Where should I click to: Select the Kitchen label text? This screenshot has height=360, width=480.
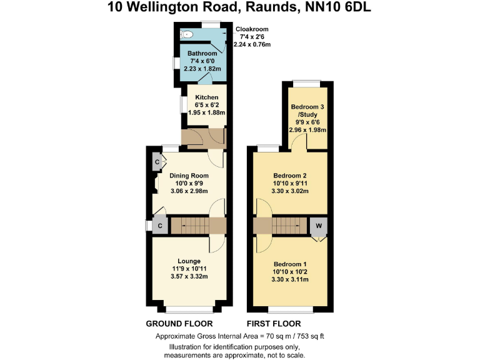click(x=207, y=97)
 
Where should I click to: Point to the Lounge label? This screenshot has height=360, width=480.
click(x=189, y=261)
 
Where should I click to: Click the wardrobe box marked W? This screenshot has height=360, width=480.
click(x=319, y=226)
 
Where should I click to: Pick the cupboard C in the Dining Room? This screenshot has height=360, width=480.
click(x=156, y=163)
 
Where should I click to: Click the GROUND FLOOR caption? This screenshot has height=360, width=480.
click(x=179, y=324)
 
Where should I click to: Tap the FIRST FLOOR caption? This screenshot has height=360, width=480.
click(x=274, y=324)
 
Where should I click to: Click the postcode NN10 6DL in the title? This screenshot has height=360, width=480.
click(x=344, y=7)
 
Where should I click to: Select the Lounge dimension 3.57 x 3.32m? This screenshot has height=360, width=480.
click(x=189, y=277)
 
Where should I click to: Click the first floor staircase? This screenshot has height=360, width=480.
click(x=287, y=226)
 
